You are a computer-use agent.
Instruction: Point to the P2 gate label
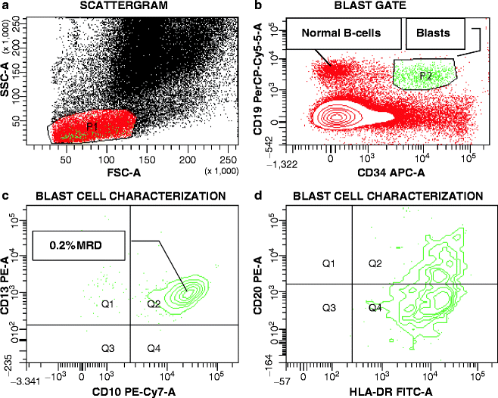point(425,75)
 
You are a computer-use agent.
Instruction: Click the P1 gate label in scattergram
point(92,126)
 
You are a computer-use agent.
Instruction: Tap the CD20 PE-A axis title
point(257,281)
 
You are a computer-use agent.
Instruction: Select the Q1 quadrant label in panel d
point(328,263)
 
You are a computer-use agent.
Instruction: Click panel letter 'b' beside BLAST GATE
point(259,7)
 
